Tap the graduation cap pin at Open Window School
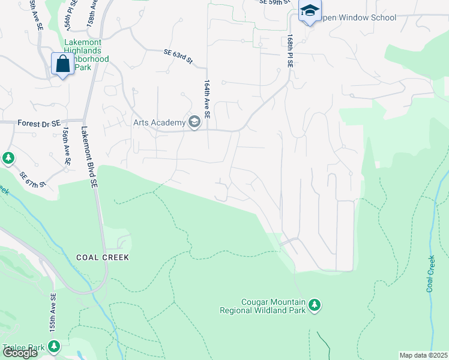pos(310,11)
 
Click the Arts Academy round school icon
pos(194,123)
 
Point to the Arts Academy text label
pos(160,123)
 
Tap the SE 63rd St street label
pos(178,56)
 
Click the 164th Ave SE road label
pos(206,98)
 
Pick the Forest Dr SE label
pos(40,123)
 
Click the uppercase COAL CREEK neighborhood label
pos(103,257)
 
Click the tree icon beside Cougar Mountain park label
pos(315,306)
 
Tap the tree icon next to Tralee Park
pos(54,347)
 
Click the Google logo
pos(20,353)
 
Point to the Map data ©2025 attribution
pos(423,355)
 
